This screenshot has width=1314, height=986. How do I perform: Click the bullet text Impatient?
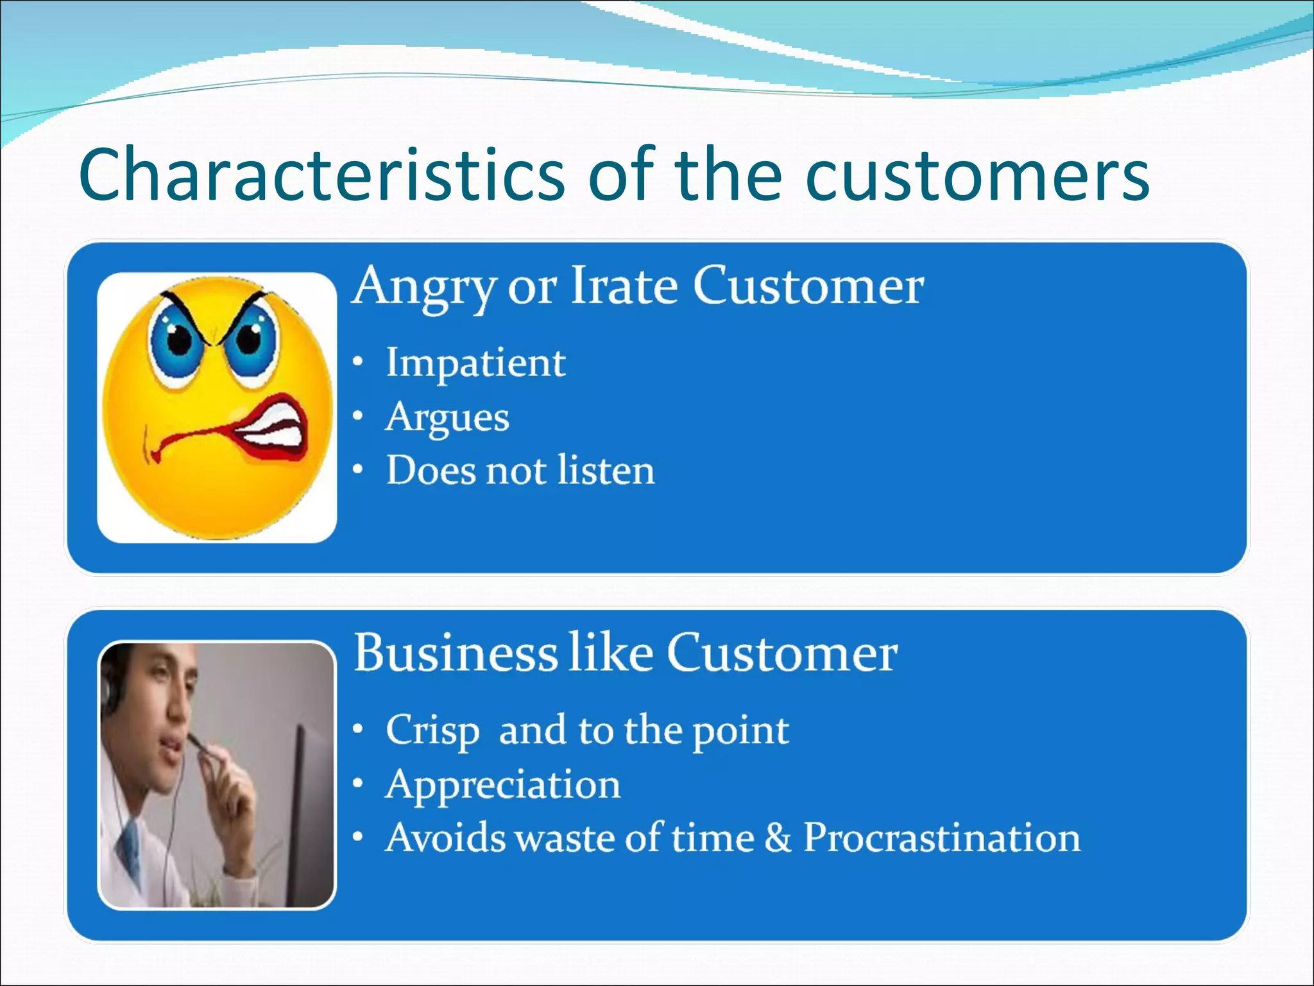(475, 363)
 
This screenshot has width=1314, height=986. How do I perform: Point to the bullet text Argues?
(447, 418)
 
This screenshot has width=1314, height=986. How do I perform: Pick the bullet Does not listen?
(520, 471)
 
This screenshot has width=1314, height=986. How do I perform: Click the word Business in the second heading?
(456, 653)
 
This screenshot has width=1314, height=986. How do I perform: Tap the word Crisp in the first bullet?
(432, 731)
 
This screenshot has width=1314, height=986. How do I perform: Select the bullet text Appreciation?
(502, 784)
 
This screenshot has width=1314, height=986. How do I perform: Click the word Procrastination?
(941, 838)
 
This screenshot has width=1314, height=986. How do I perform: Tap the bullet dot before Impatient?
(359, 363)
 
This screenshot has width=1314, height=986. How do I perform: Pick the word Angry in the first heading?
(425, 286)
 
